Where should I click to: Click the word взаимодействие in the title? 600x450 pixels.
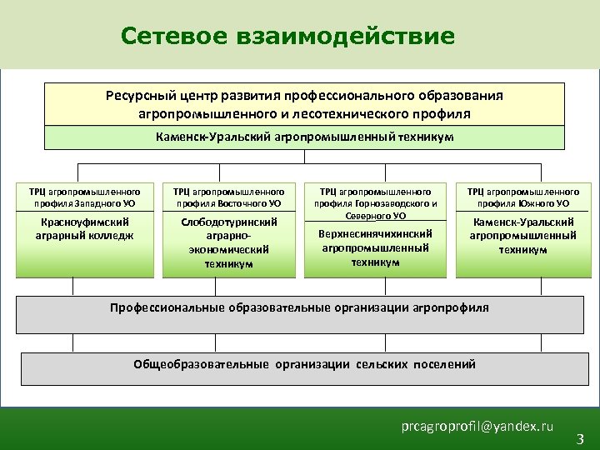click(347, 37)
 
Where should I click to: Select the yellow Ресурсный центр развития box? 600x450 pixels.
click(304, 103)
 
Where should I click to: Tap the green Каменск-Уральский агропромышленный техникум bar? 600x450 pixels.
click(304, 137)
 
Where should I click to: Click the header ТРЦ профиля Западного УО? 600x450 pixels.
click(85, 197)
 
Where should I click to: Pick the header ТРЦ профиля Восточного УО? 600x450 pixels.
click(228, 197)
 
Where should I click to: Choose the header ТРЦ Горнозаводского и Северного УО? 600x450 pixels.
click(375, 202)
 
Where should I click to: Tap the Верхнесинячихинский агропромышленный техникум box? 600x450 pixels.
click(375, 250)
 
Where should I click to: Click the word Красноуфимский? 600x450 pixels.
click(85, 222)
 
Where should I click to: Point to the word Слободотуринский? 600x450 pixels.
click(228, 222)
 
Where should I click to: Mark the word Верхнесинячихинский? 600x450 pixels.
click(375, 234)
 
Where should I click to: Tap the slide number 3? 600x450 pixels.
click(580, 438)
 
